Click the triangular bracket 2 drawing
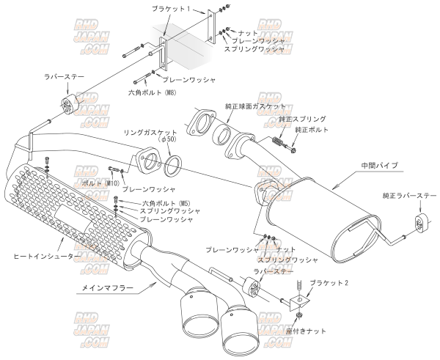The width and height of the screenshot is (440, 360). (x=301, y=300)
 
